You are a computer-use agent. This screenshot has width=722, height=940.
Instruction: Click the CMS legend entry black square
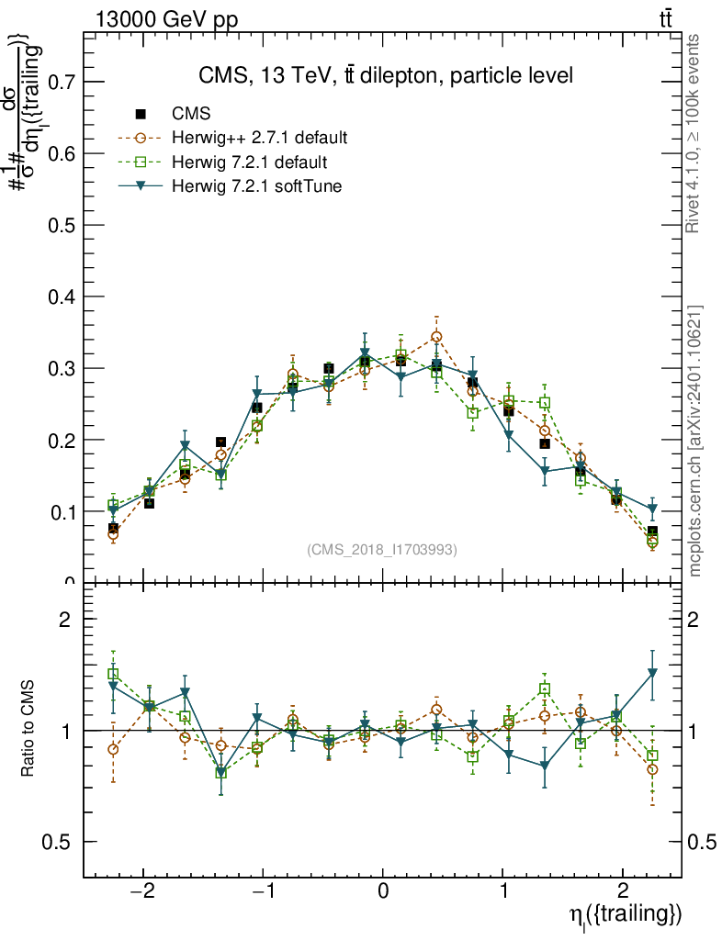(x=141, y=115)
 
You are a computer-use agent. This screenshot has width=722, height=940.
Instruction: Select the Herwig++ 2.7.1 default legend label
(x=259, y=139)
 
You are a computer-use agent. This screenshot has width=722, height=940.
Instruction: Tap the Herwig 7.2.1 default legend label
(x=249, y=162)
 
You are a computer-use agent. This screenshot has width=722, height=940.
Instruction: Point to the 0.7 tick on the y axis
(x=61, y=82)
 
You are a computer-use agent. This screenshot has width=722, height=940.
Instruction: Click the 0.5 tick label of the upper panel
(x=61, y=225)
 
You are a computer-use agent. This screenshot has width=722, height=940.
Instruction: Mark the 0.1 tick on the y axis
(x=61, y=511)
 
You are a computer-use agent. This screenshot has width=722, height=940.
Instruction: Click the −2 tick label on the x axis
(x=142, y=894)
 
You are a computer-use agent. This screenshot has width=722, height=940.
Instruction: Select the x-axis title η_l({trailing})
(x=625, y=915)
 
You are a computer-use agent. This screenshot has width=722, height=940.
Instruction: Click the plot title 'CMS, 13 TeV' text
(x=386, y=75)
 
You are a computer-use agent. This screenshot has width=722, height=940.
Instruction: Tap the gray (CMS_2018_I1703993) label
(x=381, y=549)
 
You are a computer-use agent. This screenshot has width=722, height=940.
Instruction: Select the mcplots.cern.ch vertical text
(x=695, y=441)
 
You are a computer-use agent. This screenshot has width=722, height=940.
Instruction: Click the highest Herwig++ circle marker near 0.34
(x=436, y=337)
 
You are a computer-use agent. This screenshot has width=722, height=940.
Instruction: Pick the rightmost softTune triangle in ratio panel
(x=652, y=673)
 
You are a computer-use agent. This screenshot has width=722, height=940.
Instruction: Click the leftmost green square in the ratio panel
(x=113, y=675)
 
